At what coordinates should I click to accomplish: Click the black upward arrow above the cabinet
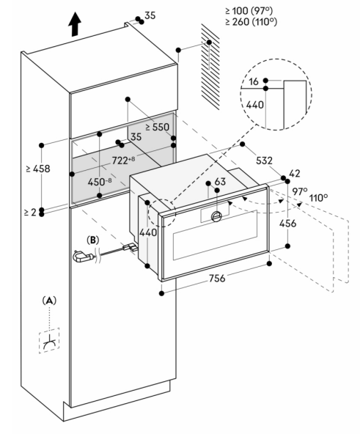pyautogui.click(x=75, y=24)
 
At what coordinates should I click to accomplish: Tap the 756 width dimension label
pyautogui.click(x=217, y=278)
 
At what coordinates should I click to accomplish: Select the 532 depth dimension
pyautogui.click(x=264, y=161)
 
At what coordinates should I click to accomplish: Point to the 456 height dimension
pyautogui.click(x=287, y=223)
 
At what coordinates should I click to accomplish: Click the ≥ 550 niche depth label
pyautogui.click(x=157, y=127)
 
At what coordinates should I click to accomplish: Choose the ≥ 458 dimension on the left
pyautogui.click(x=38, y=169)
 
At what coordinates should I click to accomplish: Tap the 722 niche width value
pyautogui.click(x=123, y=160)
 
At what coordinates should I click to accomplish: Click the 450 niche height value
pyautogui.click(x=100, y=182)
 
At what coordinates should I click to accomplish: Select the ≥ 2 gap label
pyautogui.click(x=31, y=213)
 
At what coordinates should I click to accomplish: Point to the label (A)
pyautogui.click(x=49, y=301)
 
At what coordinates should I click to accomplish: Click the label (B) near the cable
pyautogui.click(x=93, y=240)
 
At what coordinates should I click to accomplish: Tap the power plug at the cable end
pyautogui.click(x=83, y=257)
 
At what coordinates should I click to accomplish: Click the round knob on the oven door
pyautogui.click(x=216, y=216)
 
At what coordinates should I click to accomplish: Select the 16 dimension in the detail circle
pyautogui.click(x=254, y=81)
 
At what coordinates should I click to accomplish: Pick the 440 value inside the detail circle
pyautogui.click(x=254, y=105)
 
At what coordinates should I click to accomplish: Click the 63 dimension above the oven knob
pyautogui.click(x=220, y=182)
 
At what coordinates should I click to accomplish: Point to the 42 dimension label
pyautogui.click(x=294, y=174)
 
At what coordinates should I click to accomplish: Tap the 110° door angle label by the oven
pyautogui.click(x=318, y=198)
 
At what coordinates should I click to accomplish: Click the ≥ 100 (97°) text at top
pyautogui.click(x=249, y=11)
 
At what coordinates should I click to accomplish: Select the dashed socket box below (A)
pyautogui.click(x=49, y=340)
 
